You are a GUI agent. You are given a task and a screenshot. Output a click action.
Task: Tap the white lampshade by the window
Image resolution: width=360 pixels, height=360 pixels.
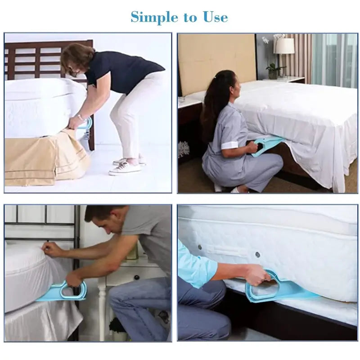pyautogui.click(x=284, y=46)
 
